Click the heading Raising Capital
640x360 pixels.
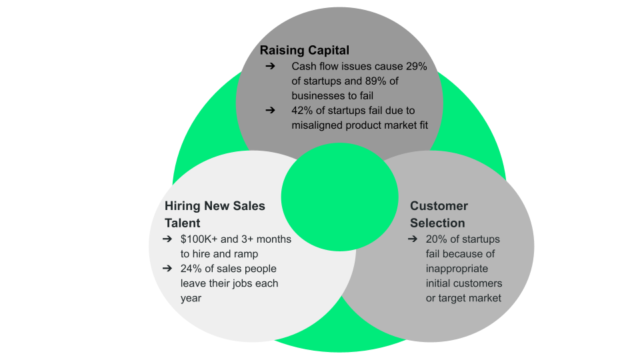[304, 50]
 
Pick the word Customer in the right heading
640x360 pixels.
[439, 206]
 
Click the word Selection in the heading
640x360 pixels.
[437, 223]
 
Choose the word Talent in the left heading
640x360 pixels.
[182, 223]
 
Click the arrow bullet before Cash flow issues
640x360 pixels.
[270, 67]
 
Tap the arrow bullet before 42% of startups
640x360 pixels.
[270, 110]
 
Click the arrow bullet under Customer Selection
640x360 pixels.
[413, 239]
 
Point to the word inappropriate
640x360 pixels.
[457, 269]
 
